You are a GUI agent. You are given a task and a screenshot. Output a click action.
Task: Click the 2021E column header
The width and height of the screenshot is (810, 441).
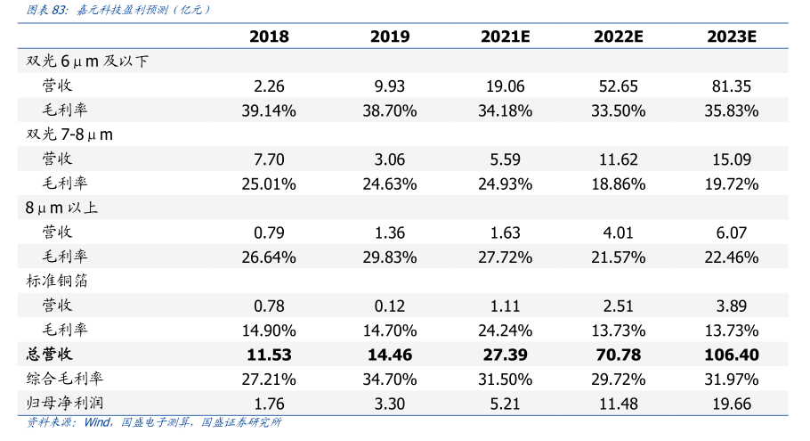(x=505, y=37)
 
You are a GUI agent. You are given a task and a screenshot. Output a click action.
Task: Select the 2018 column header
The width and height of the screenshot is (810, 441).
(x=269, y=37)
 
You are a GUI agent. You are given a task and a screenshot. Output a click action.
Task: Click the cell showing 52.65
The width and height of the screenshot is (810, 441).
(x=618, y=86)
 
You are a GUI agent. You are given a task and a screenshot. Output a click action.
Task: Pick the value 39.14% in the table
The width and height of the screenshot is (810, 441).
(x=269, y=110)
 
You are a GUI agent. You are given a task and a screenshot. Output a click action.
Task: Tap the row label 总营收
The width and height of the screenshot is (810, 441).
(x=50, y=355)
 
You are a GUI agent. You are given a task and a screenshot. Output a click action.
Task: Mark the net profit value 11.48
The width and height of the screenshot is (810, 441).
(x=618, y=404)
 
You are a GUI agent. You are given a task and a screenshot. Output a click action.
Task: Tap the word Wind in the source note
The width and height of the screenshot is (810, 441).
(x=98, y=422)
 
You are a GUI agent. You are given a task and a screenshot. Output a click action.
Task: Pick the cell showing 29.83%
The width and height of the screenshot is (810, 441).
(x=389, y=257)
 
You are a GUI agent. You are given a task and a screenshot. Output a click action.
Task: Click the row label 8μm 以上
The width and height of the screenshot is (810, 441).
(x=61, y=208)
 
